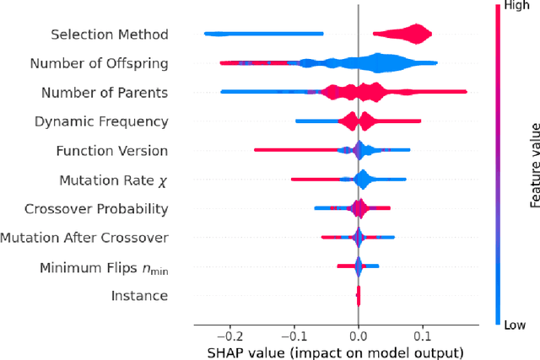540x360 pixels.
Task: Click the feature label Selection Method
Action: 109,35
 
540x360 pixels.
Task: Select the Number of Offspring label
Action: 99,63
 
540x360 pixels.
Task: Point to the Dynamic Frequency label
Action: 101,121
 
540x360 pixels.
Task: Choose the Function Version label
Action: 111,151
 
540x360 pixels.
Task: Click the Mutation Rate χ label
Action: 113,180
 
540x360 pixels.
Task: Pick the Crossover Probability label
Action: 96,209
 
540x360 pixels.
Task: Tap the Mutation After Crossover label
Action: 84,238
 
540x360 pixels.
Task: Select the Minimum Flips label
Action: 104,268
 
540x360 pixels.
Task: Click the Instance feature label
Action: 139,296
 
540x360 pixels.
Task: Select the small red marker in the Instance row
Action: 359,296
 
